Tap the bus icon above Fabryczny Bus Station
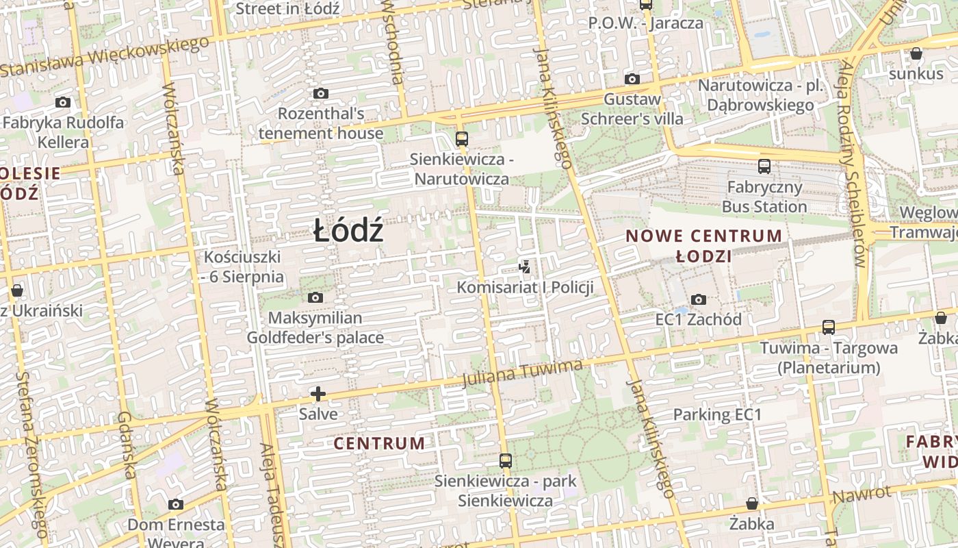764,166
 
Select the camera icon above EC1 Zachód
699,299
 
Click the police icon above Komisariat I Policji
525,266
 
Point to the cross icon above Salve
318,394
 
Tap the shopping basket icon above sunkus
916,53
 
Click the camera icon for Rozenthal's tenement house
320,93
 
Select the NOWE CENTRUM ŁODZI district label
704,246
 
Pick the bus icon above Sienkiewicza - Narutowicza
462,139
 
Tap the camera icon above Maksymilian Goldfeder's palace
315,297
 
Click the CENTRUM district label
379,443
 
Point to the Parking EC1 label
717,414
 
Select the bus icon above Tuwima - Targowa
829,327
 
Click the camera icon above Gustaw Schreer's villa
632,79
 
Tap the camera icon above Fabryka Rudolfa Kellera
63,103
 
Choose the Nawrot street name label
862,495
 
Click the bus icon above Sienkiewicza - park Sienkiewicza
506,461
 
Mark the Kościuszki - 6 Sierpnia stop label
243,267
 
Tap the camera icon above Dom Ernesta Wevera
176,504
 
